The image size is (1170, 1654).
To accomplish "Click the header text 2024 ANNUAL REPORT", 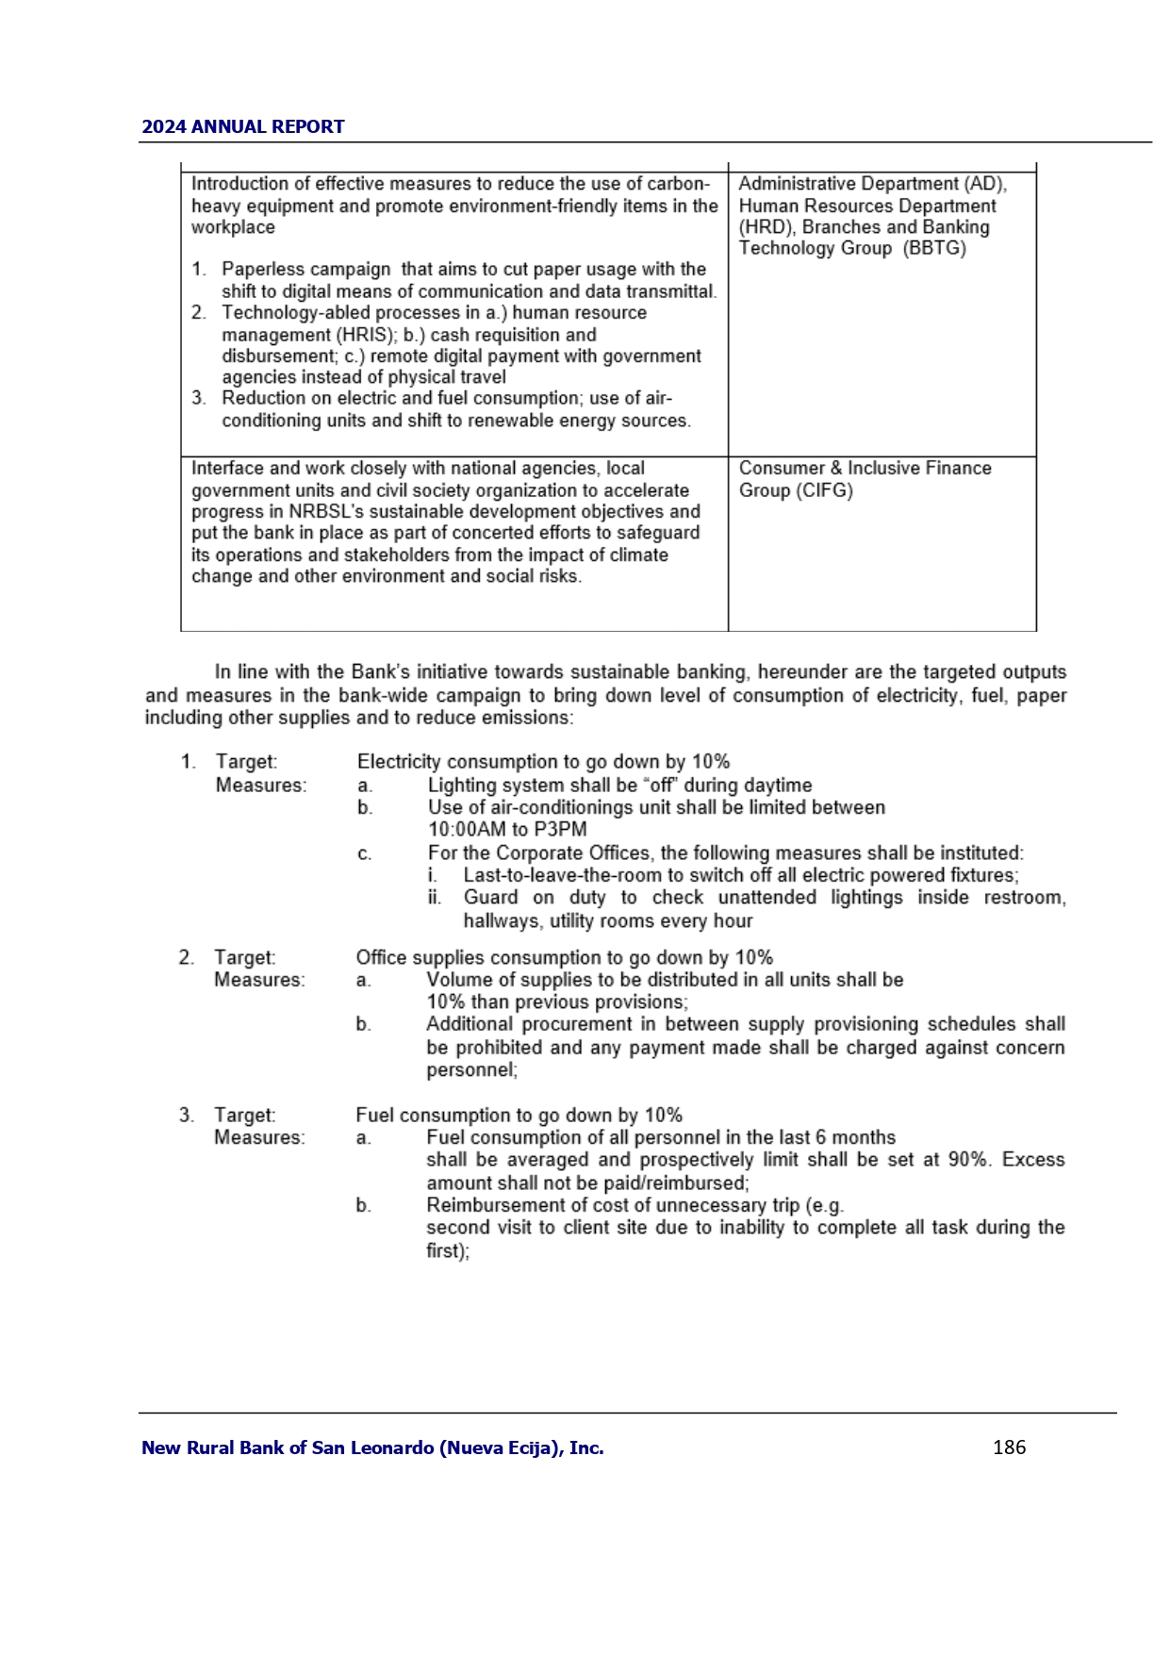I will coord(242,126).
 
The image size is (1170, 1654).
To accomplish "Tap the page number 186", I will coord(1009,1447).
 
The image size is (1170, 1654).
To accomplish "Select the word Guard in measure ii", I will coord(490,898).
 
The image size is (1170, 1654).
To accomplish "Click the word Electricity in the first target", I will coord(399,762).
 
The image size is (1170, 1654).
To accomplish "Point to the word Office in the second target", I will coord(381,958).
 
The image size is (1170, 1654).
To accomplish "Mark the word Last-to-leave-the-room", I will coord(562,875).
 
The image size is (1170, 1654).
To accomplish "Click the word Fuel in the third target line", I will coord(375,1116).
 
